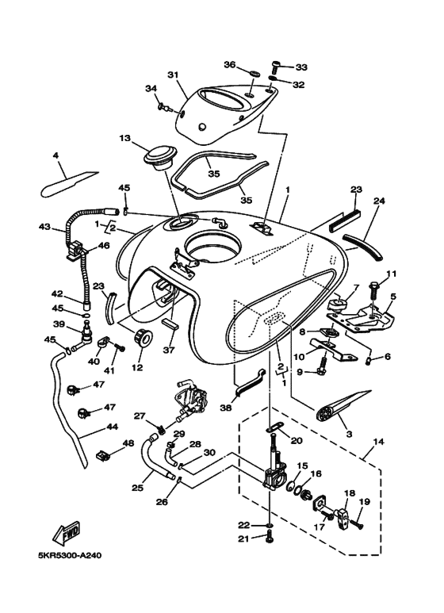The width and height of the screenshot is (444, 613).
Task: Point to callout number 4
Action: (55, 155)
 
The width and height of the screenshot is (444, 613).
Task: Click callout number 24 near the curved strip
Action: (378, 201)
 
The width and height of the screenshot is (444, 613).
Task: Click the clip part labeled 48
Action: (102, 455)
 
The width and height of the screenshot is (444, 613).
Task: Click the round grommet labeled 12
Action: (144, 337)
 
